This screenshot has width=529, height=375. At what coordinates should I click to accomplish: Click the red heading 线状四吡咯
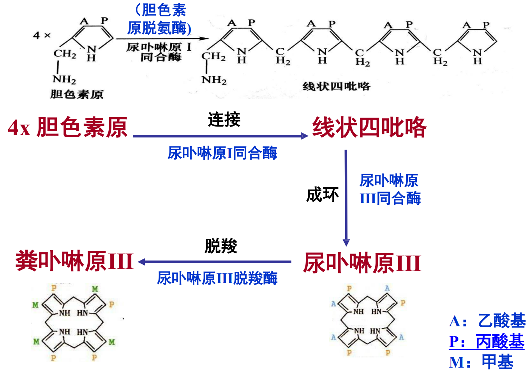click(x=369, y=127)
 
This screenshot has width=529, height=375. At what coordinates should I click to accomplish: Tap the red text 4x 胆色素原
click(x=68, y=127)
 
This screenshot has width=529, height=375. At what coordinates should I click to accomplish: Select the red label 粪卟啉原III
click(x=74, y=261)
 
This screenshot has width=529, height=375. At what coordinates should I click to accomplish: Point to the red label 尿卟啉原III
click(x=362, y=263)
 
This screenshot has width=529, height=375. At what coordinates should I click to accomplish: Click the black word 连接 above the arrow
click(x=224, y=120)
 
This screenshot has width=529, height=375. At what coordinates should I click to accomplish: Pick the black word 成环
click(x=322, y=194)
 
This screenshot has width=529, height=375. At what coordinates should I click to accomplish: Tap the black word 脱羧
click(x=221, y=246)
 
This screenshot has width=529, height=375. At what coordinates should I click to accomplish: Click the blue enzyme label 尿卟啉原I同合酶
click(x=222, y=153)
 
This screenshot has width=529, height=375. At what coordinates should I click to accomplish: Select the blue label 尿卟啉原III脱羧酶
click(x=217, y=278)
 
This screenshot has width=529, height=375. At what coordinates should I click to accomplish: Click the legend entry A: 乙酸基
click(x=487, y=321)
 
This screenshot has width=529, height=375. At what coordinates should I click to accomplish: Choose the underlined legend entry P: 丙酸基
click(x=487, y=342)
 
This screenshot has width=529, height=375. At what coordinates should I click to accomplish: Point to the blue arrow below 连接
click(x=220, y=136)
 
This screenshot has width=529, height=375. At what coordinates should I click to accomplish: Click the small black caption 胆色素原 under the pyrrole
click(x=77, y=94)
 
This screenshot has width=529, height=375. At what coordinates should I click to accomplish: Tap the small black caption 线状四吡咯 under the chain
click(x=336, y=86)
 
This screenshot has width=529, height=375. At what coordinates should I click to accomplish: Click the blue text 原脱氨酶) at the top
click(x=159, y=28)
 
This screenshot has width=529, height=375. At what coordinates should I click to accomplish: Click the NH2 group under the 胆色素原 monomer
click(x=64, y=79)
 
